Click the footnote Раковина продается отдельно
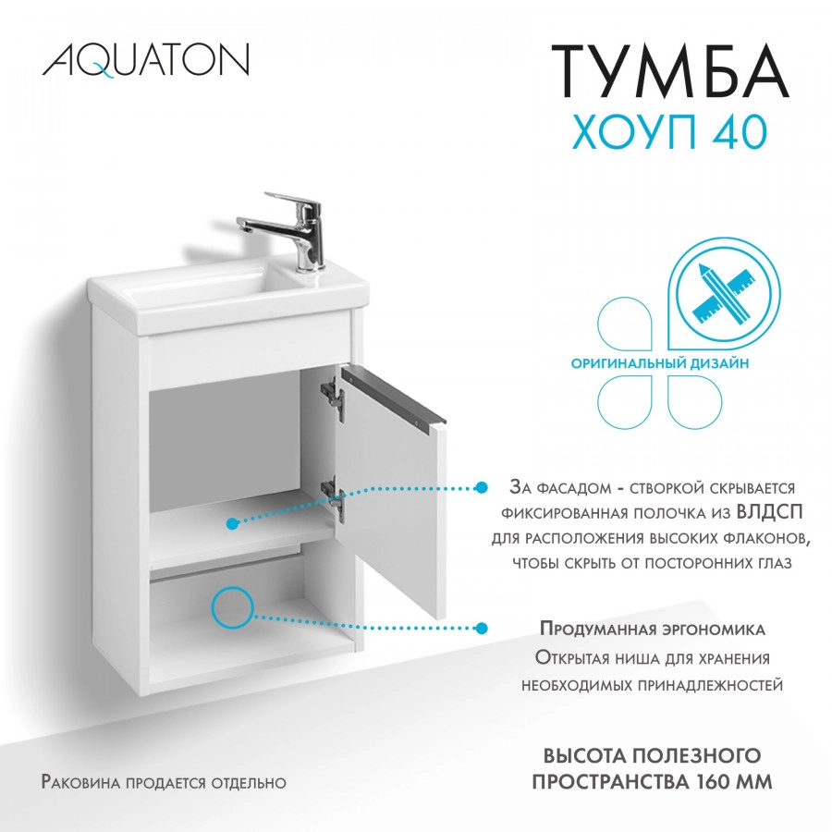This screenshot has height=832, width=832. coord(165,782)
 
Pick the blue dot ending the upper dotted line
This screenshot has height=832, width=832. coord(481,487)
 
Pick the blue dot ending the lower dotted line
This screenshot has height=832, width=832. coord(481,629)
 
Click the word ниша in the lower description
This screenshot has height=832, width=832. coord(643,657)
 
